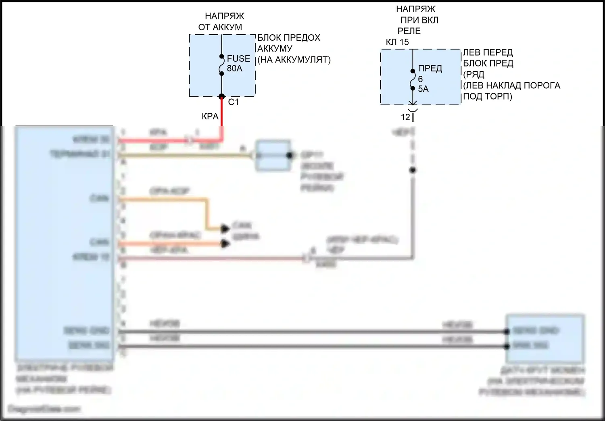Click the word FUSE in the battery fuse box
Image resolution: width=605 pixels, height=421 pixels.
pos(238,58)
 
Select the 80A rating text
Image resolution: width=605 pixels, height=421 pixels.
pos(235,69)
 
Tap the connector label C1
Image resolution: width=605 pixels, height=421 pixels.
pos(234,102)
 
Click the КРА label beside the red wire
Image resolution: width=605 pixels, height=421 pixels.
pos(210,117)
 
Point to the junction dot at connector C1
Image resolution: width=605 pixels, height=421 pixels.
pos(221,97)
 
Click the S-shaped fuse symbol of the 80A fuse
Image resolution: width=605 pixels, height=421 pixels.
pos(221,65)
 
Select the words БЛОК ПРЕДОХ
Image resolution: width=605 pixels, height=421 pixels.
pos(289,38)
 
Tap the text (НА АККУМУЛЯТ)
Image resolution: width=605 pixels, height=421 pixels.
pos(294,60)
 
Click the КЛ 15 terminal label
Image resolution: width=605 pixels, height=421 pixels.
pos(397,42)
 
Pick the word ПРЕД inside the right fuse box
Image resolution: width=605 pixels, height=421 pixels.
pos(430,68)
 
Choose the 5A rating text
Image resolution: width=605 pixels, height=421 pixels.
pos(423,89)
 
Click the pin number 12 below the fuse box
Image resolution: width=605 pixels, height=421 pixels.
pos(405,117)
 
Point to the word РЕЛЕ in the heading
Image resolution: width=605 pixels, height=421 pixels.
pos(409,31)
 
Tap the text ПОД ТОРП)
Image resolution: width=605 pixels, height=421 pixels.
pos(488,96)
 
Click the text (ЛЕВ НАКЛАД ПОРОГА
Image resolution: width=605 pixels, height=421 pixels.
pos(512,85)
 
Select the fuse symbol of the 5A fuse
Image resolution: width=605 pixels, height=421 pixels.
pos(413,79)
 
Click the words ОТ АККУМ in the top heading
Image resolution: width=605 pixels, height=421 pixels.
pos(220,27)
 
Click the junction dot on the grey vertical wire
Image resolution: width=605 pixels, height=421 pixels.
pos(413,170)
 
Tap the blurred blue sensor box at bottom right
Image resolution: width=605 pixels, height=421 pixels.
pos(544,338)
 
